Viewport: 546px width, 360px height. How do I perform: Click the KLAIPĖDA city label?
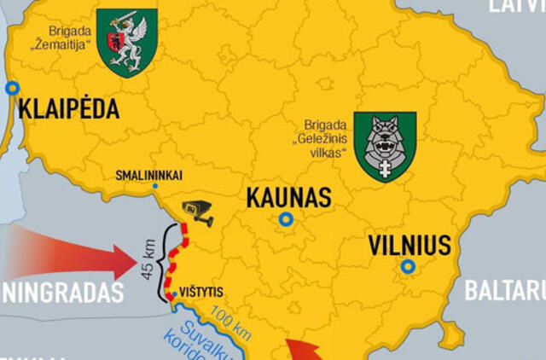coord(68,109)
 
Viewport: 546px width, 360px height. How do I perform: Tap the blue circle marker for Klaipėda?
coord(12,88)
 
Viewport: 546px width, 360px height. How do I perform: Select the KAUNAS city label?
coord(288,198)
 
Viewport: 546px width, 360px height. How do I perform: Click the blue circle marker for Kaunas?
coord(286,219)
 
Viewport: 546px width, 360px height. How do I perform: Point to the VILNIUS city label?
coord(409,246)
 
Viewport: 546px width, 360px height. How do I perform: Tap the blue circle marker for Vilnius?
coord(409,267)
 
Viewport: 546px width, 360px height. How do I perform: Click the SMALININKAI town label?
coord(148,176)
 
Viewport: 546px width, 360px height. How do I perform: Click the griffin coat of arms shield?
coord(127,42)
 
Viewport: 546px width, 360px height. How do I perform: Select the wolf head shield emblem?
coord(385,146)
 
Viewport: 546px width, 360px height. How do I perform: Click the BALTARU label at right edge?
coord(504,291)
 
